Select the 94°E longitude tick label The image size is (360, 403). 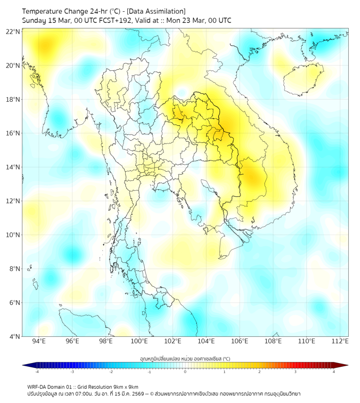(39, 341)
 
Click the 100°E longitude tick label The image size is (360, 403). (139, 341)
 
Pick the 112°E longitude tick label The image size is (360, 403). (340, 341)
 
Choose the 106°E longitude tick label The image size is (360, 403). (240, 341)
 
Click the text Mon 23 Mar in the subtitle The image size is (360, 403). (184, 20)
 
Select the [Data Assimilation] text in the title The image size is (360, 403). (158, 11)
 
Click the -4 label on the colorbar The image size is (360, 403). (37, 372)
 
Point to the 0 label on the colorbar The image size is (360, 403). (185, 372)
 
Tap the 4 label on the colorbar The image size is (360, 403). (334, 372)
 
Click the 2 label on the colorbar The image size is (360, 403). (260, 372)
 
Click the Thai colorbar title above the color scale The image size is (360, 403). (185, 359)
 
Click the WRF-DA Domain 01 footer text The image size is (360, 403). (53, 386)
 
